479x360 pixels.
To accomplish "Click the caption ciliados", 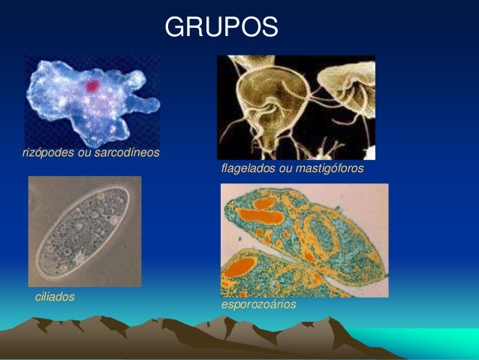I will (x=55, y=297).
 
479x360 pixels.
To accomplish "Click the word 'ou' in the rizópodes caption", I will (x=84, y=153).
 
